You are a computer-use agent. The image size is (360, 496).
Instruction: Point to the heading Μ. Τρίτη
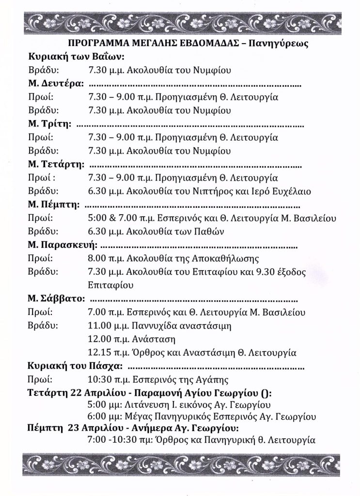click(x=49, y=124)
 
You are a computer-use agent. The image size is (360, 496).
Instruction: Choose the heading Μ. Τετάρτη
click(x=56, y=164)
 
